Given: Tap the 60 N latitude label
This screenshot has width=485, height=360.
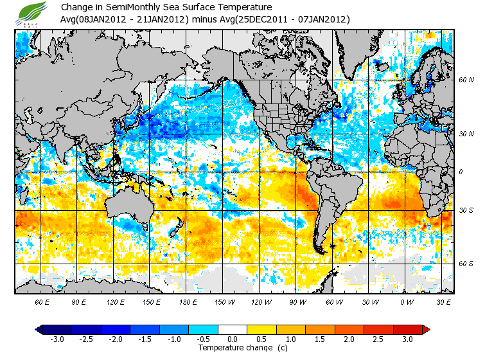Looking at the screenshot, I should point(466,80).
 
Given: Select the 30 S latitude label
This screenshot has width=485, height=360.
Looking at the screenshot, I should point(466,211).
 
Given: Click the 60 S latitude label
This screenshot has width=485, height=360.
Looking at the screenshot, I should point(466,264).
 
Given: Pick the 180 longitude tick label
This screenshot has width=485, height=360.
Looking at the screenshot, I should point(187,301).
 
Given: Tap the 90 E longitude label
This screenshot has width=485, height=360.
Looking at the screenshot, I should point(78,301).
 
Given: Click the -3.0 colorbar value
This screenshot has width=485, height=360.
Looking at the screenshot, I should point(57,339).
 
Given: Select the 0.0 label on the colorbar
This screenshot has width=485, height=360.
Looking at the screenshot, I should point(233,339).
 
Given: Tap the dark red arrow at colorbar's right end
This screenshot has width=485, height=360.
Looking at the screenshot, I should point(425,330).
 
